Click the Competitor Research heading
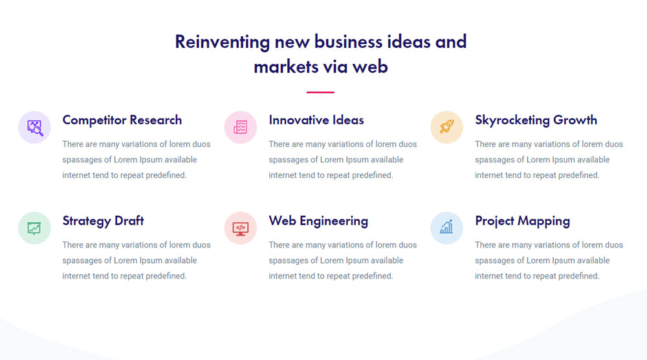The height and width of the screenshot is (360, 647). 122,120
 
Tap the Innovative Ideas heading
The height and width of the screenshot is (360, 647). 316,120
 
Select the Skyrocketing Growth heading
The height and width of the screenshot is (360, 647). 536,120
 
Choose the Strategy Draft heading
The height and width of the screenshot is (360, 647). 103,221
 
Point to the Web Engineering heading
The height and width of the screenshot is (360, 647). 318,221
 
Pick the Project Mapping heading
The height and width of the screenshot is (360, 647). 522,221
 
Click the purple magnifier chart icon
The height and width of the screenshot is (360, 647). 35,128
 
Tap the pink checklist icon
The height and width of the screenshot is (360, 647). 240,127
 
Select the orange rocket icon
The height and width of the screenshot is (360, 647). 446,127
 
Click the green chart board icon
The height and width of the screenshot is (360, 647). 34,228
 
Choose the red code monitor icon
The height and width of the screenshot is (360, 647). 240,229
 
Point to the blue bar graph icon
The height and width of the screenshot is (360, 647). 446,227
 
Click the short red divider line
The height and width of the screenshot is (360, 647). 320,92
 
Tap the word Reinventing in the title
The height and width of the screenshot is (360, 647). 223,42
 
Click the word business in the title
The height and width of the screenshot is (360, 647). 348,41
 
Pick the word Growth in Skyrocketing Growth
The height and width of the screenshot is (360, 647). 575,120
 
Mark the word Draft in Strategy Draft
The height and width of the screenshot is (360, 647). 129,220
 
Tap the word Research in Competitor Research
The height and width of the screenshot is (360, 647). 155,120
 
